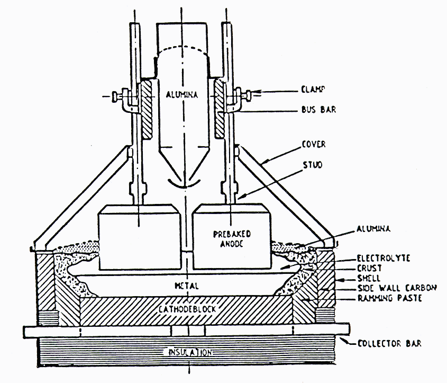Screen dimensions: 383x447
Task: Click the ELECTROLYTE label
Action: pyautogui.click(x=376, y=259)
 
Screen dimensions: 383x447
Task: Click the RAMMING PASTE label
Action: pyautogui.click(x=381, y=298)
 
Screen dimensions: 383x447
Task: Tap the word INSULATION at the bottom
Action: pyautogui.click(x=190, y=352)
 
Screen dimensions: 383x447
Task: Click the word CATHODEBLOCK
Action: pyautogui.click(x=186, y=308)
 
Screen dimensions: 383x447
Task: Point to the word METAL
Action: pyautogui.click(x=187, y=286)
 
